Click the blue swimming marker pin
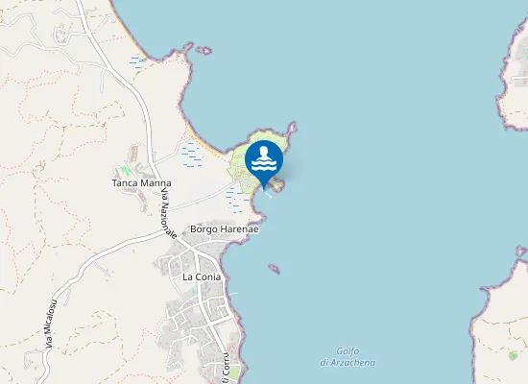[x=264, y=160]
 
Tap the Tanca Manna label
[x=141, y=182]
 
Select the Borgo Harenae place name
[x=226, y=229]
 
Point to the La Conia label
[x=202, y=276]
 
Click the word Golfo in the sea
[x=348, y=350]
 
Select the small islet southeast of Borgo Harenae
[x=275, y=269]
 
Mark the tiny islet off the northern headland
[x=204, y=50]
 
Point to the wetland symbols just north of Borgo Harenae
[x=234, y=198]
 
